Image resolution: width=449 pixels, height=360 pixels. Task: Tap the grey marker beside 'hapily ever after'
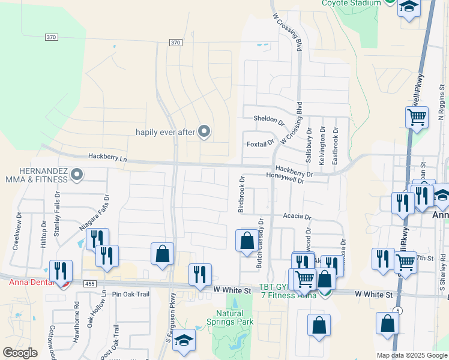(204, 131)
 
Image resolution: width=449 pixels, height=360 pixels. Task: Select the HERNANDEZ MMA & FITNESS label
(34, 175)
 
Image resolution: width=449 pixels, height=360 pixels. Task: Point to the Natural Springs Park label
(234, 317)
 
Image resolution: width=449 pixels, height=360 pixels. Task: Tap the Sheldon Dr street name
(268, 119)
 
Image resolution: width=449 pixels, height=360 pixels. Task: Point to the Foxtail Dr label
(260, 144)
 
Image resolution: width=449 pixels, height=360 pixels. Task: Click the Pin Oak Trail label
(130, 295)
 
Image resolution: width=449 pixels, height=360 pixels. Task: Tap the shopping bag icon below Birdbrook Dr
(247, 241)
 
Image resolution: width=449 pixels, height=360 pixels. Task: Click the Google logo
(20, 353)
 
